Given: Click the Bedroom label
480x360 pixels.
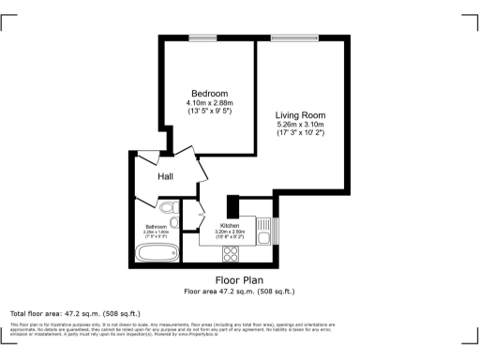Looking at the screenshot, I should [209, 94].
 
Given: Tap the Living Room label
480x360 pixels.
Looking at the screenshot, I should [300, 115].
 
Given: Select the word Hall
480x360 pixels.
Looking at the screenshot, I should [165, 176].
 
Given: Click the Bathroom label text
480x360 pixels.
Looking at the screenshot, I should [156, 227].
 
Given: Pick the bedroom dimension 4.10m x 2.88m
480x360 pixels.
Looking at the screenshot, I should [209, 103].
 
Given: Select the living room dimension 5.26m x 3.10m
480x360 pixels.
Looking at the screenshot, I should [300, 125].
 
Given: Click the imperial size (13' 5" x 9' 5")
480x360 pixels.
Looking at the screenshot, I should [209, 112].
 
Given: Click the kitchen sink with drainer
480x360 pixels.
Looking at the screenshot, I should [263, 231].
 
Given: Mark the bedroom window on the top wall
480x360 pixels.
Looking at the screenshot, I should [202, 38].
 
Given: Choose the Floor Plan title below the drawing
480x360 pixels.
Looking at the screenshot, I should [239, 280].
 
